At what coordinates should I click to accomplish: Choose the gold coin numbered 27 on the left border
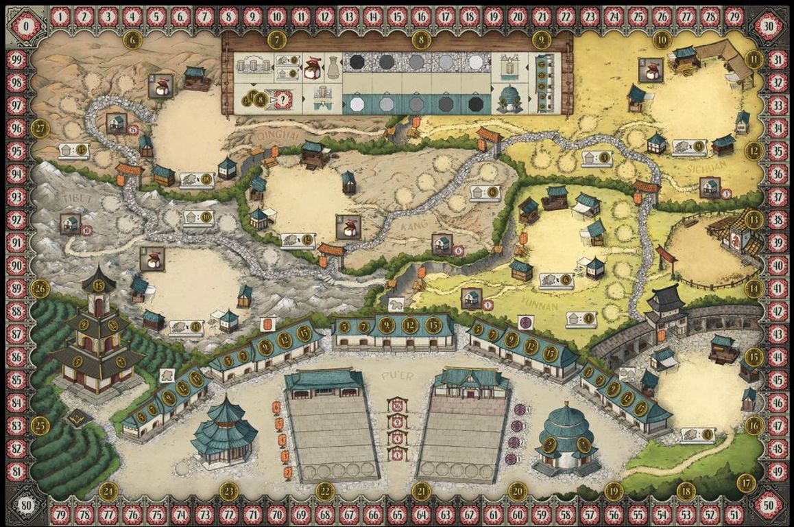40,128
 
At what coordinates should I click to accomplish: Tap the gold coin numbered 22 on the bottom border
326,491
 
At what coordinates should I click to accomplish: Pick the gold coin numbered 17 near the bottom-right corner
746,483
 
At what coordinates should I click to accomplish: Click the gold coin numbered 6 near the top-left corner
133,40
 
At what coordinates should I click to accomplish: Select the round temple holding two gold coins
566,439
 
